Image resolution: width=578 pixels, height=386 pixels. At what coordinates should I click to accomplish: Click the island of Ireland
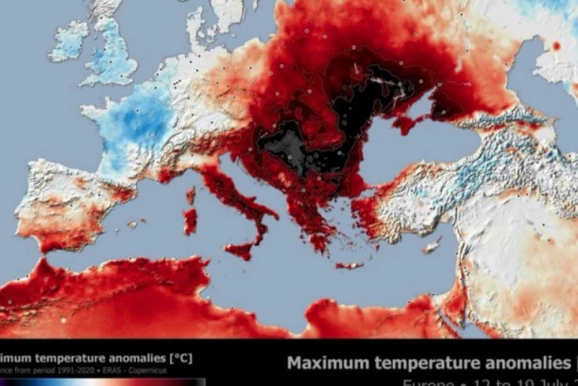(x=68, y=41)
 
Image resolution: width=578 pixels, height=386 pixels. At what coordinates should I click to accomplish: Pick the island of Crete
(x=348, y=266)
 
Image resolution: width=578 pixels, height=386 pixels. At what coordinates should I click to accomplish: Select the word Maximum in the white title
(x=330, y=363)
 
